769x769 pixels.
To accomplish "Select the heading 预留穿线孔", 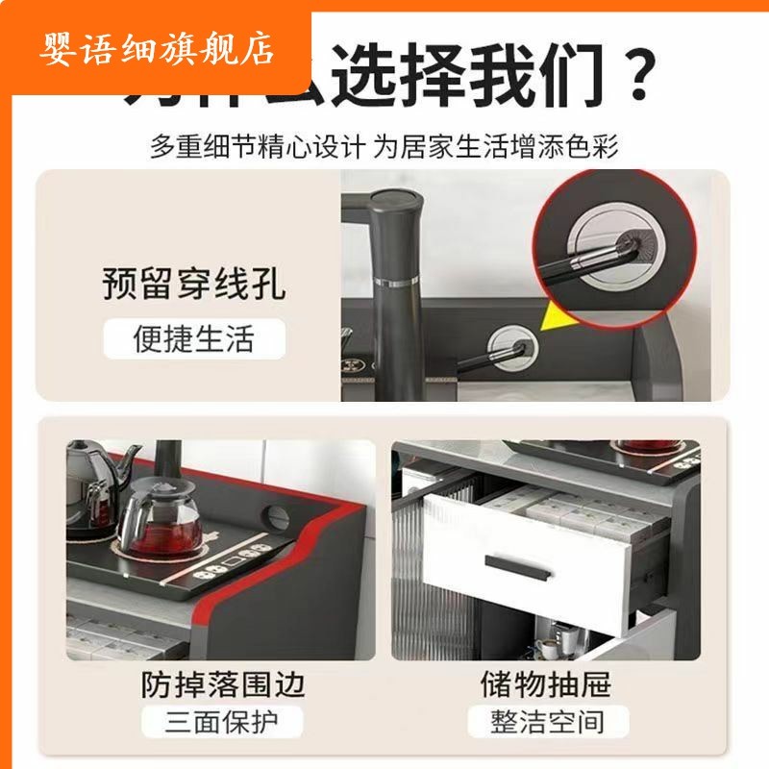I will (194, 285).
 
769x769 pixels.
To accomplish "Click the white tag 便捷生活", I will (194, 339).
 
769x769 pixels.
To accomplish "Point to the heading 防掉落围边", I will (222, 684).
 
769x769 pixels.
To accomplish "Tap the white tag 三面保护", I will (222, 722).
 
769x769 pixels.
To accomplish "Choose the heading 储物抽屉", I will (545, 684).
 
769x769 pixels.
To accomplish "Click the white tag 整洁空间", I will (545, 722).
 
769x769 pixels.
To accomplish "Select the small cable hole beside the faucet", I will (509, 342).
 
